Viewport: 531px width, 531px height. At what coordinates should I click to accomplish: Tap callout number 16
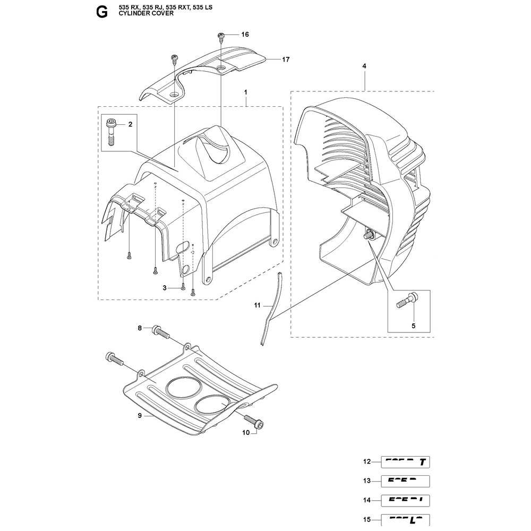point(245,35)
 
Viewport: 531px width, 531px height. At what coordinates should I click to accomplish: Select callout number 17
point(286,59)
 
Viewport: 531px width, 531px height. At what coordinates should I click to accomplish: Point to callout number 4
point(364,65)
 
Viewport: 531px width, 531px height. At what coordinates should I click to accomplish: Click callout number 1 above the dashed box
point(246,93)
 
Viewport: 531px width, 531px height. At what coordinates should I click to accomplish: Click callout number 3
point(165,288)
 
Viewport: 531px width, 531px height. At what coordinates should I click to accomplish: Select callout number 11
point(257,305)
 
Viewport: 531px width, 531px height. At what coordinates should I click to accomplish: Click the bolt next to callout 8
point(161,332)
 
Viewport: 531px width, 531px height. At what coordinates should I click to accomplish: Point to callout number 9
point(140,416)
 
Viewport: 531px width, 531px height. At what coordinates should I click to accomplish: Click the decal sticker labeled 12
point(405,461)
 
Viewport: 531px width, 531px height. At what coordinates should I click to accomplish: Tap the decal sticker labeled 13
point(405,481)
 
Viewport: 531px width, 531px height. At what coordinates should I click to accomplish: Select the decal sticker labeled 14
point(405,501)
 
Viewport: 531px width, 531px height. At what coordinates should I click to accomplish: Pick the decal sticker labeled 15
point(405,519)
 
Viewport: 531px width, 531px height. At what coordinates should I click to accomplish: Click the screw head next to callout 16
point(221,36)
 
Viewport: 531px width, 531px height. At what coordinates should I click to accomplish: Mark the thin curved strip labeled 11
point(270,308)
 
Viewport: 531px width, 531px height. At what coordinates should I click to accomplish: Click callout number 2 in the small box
point(130,124)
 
